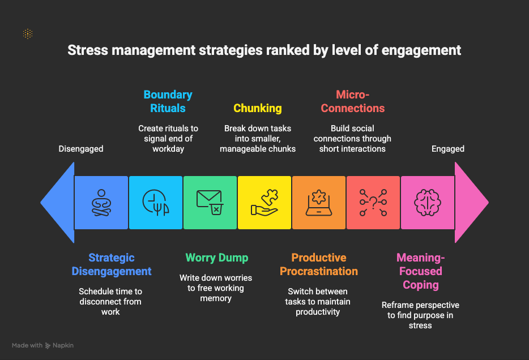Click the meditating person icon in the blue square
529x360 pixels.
coord(101,203)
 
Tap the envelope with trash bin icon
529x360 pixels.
coord(210,202)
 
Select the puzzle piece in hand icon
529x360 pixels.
coord(264,202)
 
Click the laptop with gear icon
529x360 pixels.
coord(319,203)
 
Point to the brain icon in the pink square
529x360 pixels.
coord(428,203)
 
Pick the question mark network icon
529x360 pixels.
coord(373,203)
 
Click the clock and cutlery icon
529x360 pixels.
coord(156,202)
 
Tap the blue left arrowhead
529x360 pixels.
coord(57,203)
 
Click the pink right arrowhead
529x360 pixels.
coord(472,203)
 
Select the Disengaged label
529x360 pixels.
coord(81,149)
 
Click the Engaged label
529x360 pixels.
coord(447,149)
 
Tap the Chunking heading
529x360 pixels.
coord(258,108)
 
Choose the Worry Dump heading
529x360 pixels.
coord(217,258)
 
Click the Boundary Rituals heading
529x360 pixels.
coord(168,101)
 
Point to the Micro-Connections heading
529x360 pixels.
coord(352,101)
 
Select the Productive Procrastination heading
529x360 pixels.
coord(319,264)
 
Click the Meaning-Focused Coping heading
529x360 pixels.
coord(421,271)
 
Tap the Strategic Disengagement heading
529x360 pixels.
coord(112,264)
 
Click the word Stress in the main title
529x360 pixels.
coord(88,50)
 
